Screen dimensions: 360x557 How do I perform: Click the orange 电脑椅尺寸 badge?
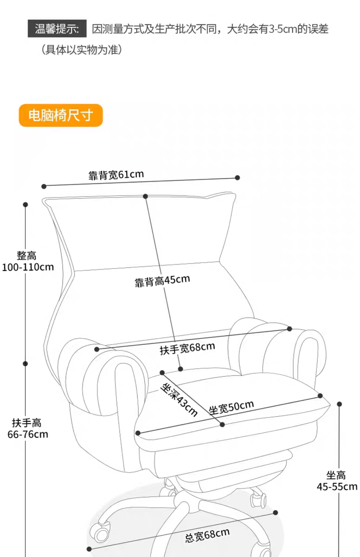coord(61,116)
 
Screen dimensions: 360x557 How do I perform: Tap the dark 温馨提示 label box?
coord(57,29)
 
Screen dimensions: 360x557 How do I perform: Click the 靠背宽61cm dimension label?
coord(116,175)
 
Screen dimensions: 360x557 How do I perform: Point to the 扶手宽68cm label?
coord(187,349)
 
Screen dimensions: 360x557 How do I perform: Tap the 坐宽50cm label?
coord(231,408)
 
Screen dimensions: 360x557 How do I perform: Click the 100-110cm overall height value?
coord(28,267)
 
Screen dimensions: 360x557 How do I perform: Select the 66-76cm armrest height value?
coord(28,434)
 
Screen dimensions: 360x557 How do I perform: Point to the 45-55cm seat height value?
coord(337,486)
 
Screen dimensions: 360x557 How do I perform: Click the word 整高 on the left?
coord(26,256)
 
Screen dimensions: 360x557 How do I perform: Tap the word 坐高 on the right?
coord(336,475)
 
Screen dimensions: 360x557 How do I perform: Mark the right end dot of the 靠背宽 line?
coord(237,177)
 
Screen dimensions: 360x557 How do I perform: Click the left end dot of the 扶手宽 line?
coord(97,350)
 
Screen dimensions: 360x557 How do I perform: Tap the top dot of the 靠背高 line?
coord(145,196)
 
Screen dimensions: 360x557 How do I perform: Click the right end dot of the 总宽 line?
coord(275,513)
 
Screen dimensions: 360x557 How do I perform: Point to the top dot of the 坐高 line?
coord(340,404)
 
